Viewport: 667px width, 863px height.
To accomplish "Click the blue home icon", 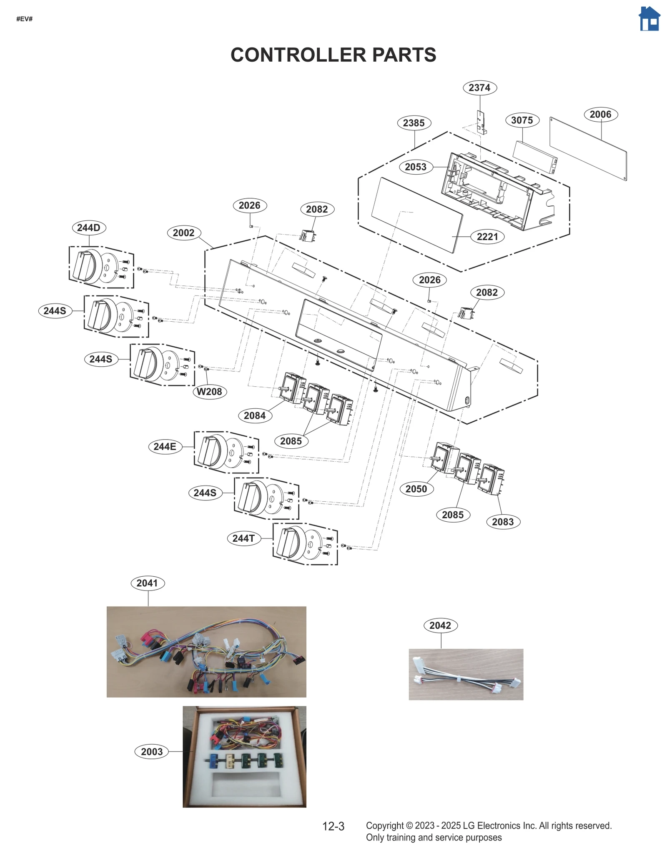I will pyautogui.click(x=649, y=19).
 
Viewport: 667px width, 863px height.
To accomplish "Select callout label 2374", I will pyautogui.click(x=479, y=88).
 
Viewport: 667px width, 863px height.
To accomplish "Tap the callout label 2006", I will pyautogui.click(x=600, y=115).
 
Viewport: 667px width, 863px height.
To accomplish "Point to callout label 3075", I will pyautogui.click(x=522, y=120).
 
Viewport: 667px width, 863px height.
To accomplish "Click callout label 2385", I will pyautogui.click(x=414, y=123).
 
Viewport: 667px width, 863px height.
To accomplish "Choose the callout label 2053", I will pyautogui.click(x=416, y=167).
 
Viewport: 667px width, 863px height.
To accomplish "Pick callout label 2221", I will pyautogui.click(x=487, y=237).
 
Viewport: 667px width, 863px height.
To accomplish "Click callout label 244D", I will pyautogui.click(x=89, y=228).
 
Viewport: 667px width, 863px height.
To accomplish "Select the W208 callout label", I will pyautogui.click(x=209, y=392).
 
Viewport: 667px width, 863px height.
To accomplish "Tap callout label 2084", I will pyautogui.click(x=255, y=415).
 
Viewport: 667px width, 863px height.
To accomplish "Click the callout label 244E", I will pyautogui.click(x=165, y=447).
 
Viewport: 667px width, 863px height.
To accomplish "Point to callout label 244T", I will pyautogui.click(x=243, y=538).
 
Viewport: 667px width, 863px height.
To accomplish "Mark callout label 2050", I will pyautogui.click(x=416, y=489).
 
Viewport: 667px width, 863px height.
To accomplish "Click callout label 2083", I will pyautogui.click(x=503, y=522).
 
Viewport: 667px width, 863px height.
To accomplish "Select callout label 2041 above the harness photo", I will pyautogui.click(x=147, y=583).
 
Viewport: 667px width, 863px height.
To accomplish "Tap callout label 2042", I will pyautogui.click(x=440, y=625).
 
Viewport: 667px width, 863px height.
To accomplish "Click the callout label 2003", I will pyautogui.click(x=152, y=752).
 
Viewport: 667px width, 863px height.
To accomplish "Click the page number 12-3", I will pyautogui.click(x=333, y=826).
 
